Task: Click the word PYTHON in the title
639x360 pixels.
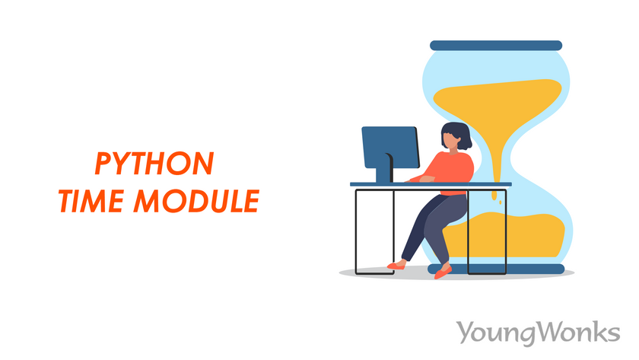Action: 154,163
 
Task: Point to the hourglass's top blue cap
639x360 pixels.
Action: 495,46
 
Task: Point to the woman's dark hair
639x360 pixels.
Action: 459,133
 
